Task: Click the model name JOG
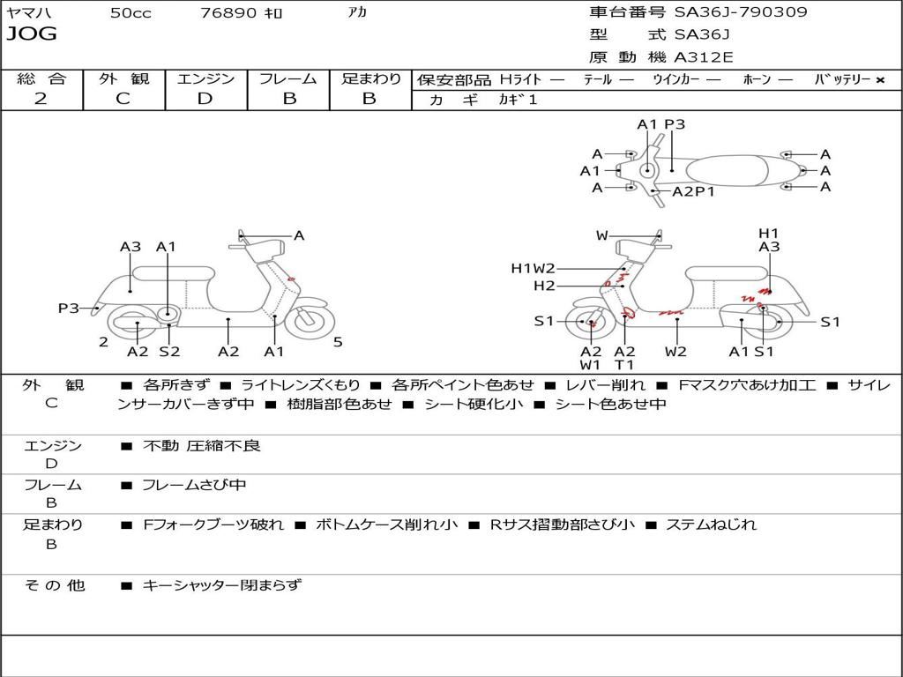pos(31,34)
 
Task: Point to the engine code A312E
pos(703,57)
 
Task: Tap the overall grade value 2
pos(41,99)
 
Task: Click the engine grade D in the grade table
pos(205,99)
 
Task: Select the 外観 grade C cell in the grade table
pos(123,99)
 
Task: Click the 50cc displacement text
pos(131,13)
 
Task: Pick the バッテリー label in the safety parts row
pos(843,79)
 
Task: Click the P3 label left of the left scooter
pos(69,308)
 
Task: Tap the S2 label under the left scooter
pos(168,352)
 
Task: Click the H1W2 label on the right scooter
pos(533,268)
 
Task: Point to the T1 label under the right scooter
pos(624,365)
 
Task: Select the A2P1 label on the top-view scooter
pos(693,191)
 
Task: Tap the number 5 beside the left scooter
pos(338,342)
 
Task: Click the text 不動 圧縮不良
pos(202,446)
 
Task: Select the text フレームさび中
pos(195,485)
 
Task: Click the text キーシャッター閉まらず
pos(222,584)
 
